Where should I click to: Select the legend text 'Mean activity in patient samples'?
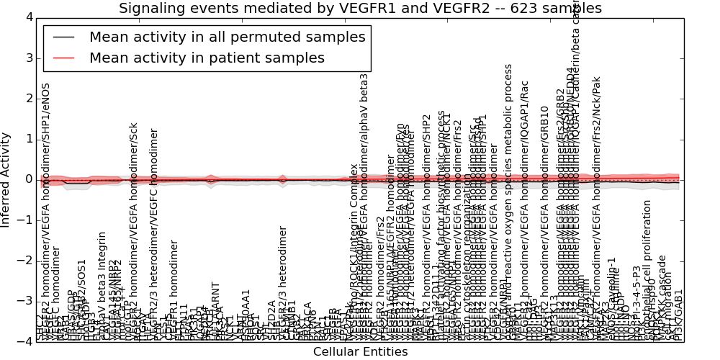[207, 58]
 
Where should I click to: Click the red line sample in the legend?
[63, 58]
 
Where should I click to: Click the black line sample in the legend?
[63, 37]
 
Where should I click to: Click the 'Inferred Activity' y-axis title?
[6, 179]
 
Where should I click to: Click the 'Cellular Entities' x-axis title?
[360, 352]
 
